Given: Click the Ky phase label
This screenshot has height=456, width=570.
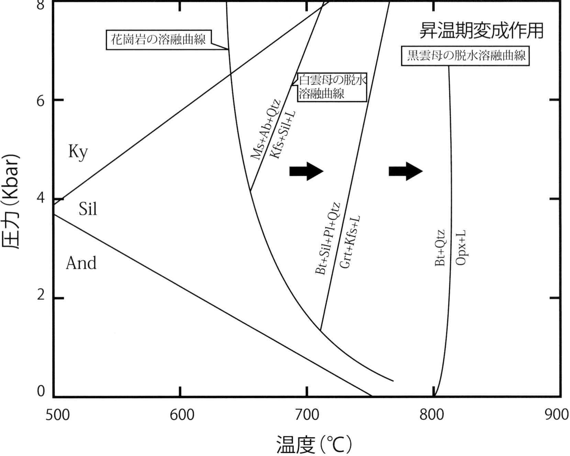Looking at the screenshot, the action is pos(78,152).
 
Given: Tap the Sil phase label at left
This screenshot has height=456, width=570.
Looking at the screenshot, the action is pos(88,209).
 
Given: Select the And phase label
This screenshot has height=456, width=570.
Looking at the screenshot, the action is pos(81,263).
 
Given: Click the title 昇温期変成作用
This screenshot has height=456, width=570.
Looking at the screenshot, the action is pos(481,31).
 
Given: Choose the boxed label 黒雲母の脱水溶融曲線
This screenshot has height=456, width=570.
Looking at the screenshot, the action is pos(466,55).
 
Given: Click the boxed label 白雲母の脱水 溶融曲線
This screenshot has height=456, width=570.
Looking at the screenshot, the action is pos(332,87).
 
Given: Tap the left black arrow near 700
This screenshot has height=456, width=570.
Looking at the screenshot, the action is pos(306,171).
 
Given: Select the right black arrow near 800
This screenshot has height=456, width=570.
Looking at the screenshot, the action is pos(406,171).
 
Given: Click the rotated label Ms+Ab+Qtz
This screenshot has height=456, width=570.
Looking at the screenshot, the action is pos(265,129).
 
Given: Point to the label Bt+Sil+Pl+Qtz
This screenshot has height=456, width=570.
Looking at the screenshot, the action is pos(327,239).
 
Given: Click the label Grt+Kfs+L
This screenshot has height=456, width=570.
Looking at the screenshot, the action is pos(350,242).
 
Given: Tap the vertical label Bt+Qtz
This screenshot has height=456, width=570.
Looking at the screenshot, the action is pos(440,248).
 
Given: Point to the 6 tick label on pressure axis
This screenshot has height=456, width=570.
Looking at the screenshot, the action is pos(41,100).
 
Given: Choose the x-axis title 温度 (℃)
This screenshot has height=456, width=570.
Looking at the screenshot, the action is pos(314,445).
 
